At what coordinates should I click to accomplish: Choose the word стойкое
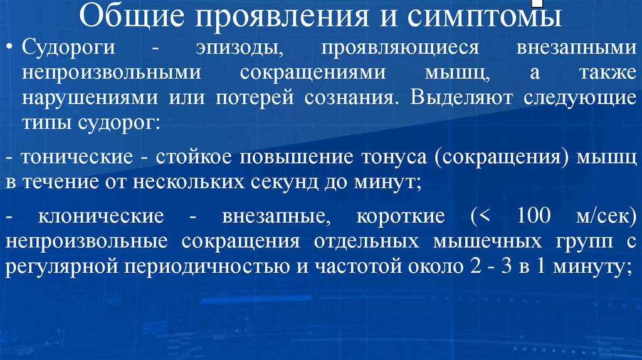(x=191, y=157)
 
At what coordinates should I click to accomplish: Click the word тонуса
(x=394, y=157)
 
